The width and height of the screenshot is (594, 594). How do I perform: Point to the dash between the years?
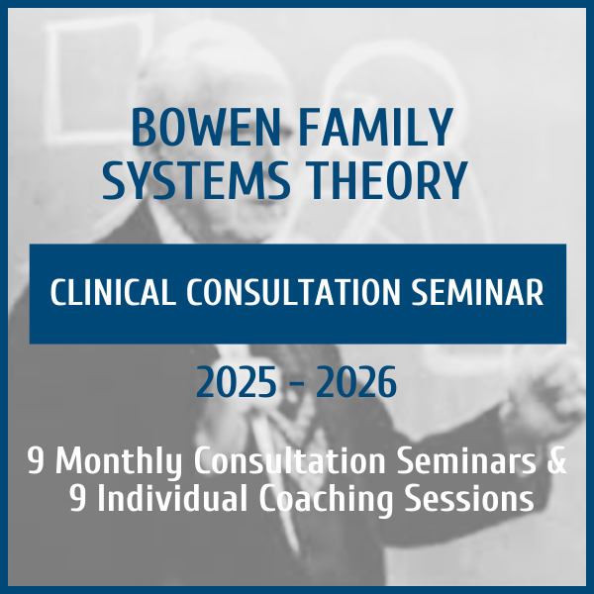pos(298,384)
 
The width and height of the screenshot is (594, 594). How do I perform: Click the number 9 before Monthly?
pos(35,461)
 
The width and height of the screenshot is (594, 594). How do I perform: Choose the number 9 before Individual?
pos(78,499)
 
